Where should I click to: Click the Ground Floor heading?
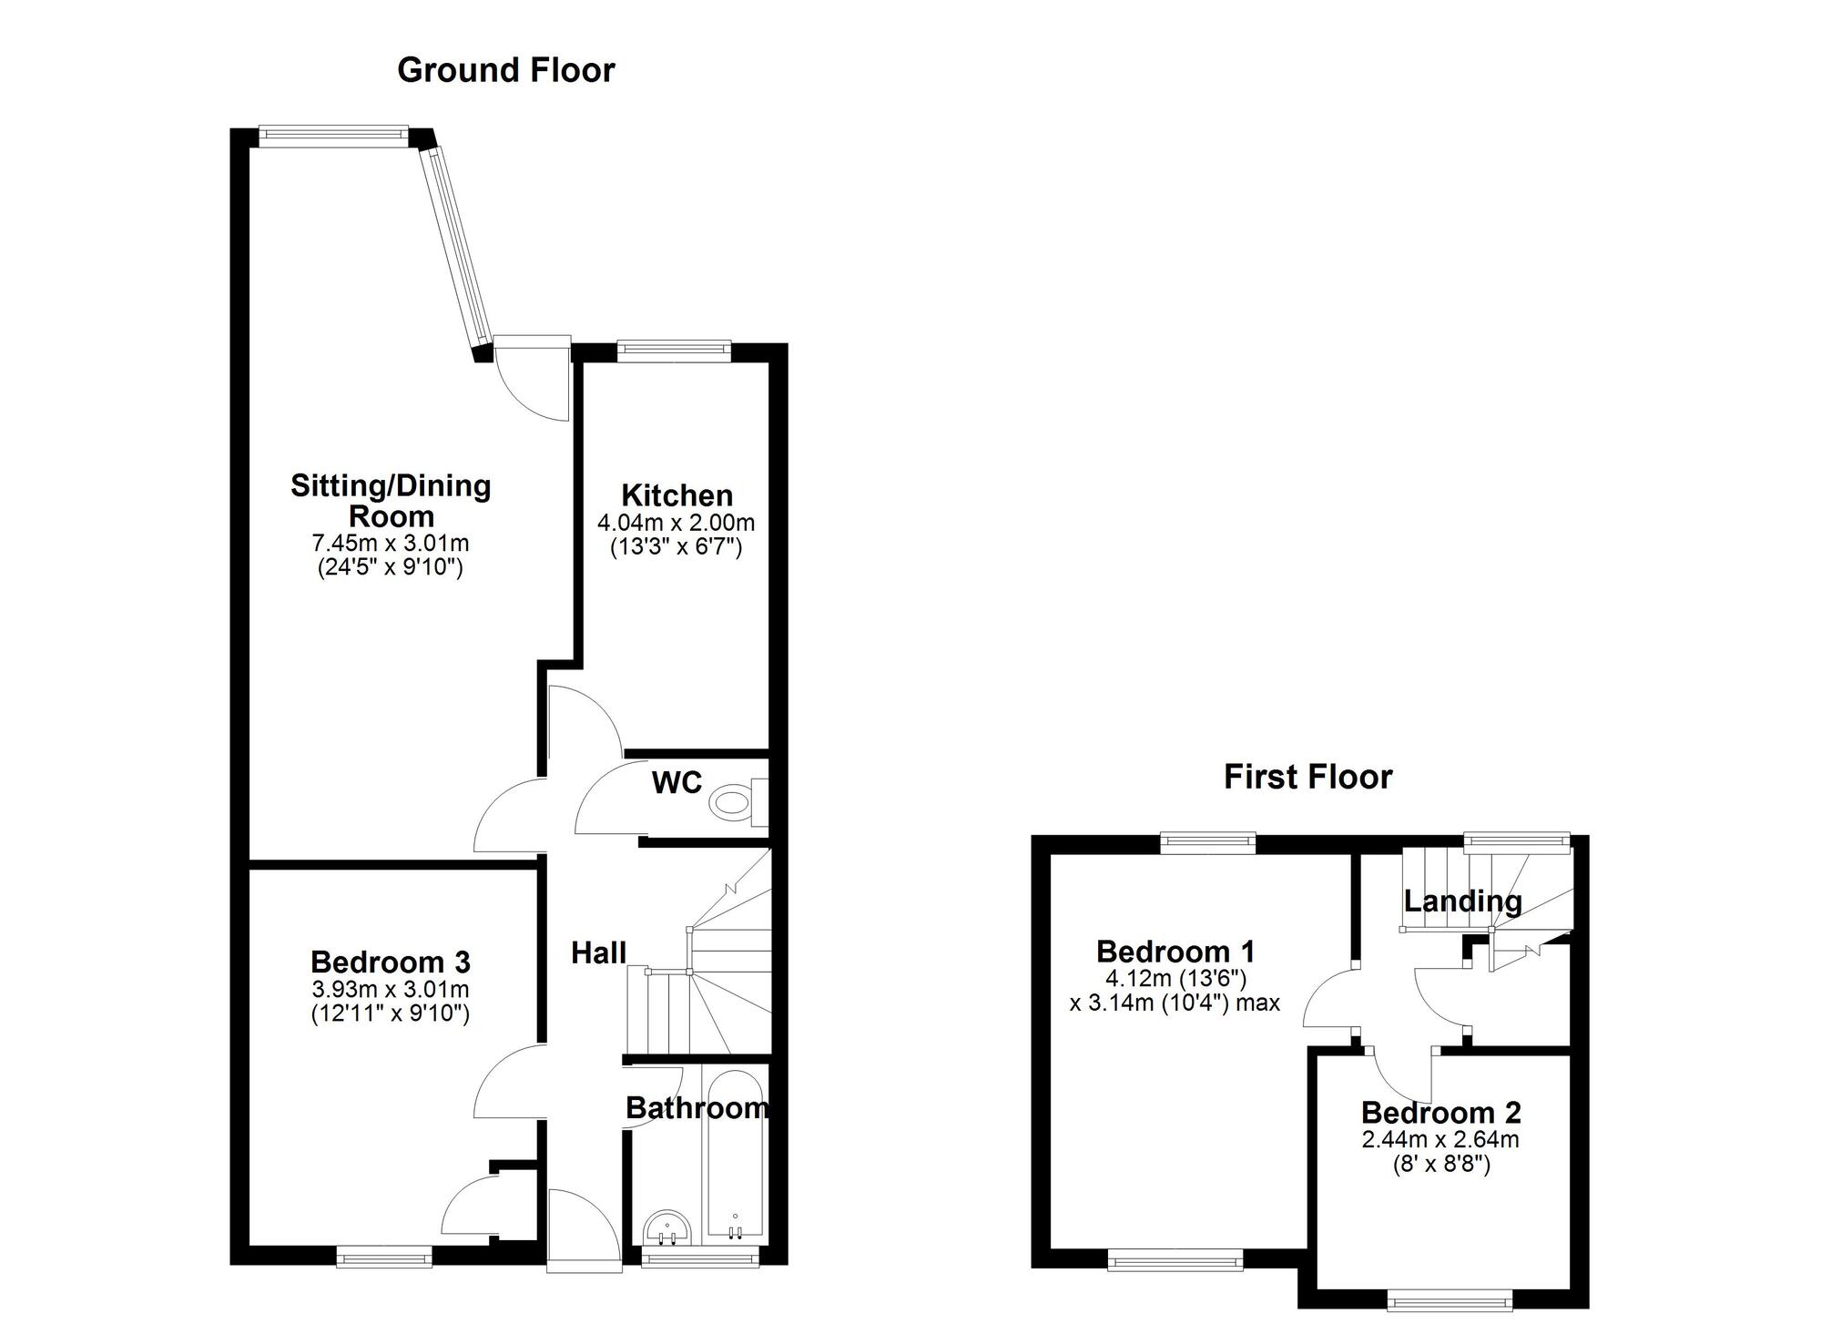pyautogui.click(x=506, y=70)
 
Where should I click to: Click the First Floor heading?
pyautogui.click(x=1307, y=777)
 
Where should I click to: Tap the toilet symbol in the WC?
pyautogui.click(x=731, y=803)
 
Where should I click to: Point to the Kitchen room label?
pyautogui.click(x=677, y=495)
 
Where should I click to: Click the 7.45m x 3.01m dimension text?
pyautogui.click(x=390, y=544)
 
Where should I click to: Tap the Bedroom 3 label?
pyautogui.click(x=390, y=962)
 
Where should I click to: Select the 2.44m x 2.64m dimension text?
pyautogui.click(x=1440, y=1139)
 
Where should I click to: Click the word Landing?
pyautogui.click(x=1462, y=901)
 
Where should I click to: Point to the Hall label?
pyautogui.click(x=598, y=952)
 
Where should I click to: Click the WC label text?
pyautogui.click(x=677, y=782)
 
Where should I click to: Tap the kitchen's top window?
pyautogui.click(x=674, y=349)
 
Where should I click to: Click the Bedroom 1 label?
pyautogui.click(x=1175, y=952)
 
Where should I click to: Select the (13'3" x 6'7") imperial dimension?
pyautogui.click(x=676, y=547)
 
